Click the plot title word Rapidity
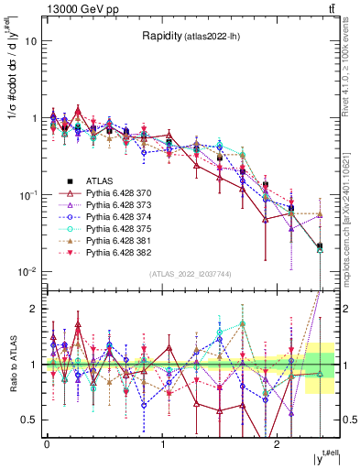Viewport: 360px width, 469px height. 161,37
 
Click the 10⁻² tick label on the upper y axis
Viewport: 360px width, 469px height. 27,271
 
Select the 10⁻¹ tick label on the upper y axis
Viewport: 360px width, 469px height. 27,194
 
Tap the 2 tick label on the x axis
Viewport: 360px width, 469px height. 278,444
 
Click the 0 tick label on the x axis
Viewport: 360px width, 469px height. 46,444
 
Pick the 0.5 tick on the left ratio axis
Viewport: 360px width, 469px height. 29,420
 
